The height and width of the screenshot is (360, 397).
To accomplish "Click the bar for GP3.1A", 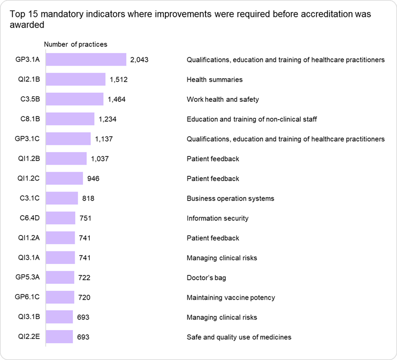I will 86,60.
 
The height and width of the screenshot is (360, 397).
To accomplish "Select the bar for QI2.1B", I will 76,80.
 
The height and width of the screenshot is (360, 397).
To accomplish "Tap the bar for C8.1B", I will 70,119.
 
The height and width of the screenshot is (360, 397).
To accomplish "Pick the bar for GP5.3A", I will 60,278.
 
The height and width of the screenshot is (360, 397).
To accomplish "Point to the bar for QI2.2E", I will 59,337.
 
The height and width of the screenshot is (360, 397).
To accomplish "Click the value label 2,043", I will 139,60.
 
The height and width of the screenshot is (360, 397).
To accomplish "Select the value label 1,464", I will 117,99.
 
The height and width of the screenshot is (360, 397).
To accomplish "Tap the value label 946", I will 93,178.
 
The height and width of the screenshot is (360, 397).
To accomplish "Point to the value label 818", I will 88,198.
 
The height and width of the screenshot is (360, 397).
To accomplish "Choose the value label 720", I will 84,298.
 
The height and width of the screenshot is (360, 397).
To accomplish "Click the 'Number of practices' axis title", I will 75,45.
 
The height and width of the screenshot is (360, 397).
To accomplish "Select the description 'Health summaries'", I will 214,80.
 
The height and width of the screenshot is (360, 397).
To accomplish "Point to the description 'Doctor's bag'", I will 206,278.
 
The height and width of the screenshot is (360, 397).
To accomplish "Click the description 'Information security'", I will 217,218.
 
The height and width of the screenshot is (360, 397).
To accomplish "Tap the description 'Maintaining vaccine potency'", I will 231,298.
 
